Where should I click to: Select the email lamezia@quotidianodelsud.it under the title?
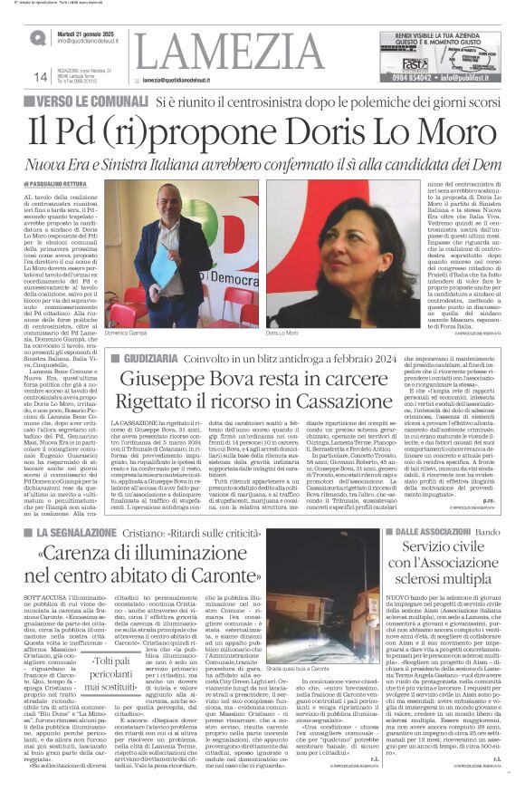click(x=196, y=80)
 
